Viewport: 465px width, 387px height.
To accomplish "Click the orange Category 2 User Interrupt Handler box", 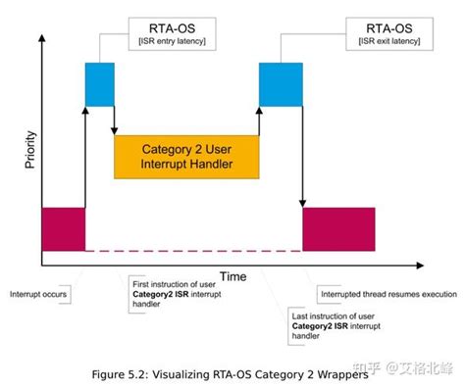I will click(185, 156).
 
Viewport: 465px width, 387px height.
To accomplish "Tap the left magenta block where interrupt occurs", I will click(63, 228).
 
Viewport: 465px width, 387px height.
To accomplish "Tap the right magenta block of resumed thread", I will click(338, 228).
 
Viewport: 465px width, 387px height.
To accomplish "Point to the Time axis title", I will click(232, 277).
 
